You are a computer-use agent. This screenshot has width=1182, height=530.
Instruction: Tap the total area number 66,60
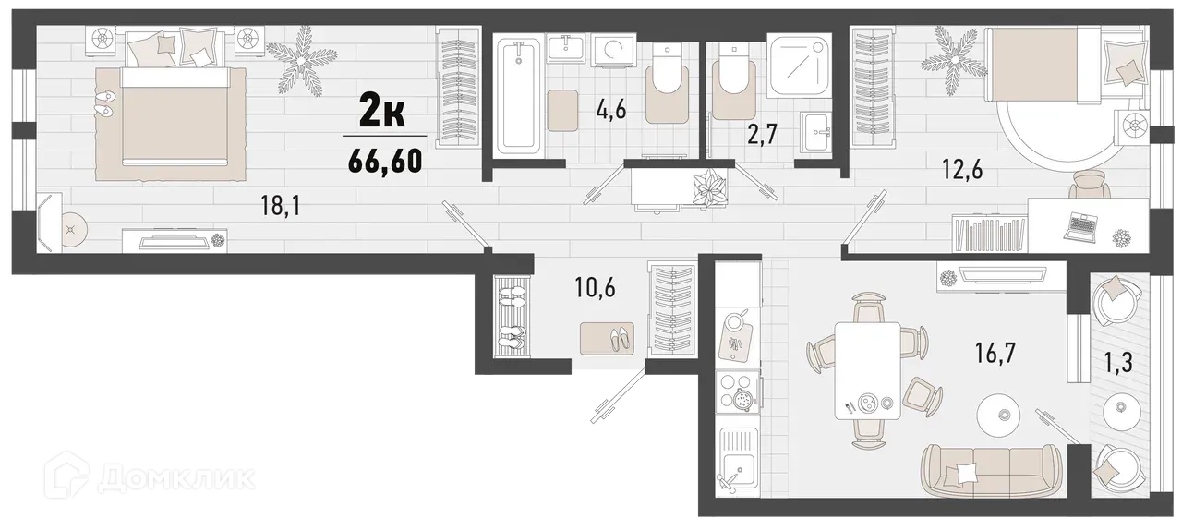(x=385, y=161)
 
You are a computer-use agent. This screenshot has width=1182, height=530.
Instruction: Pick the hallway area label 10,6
(x=594, y=286)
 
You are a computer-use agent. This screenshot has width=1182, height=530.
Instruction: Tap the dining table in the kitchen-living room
(x=867, y=370)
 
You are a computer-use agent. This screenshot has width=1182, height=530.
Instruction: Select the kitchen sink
(x=738, y=471)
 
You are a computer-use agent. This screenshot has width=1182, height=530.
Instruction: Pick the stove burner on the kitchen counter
(x=741, y=396)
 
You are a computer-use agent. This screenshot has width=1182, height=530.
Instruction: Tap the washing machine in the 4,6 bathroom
(x=609, y=51)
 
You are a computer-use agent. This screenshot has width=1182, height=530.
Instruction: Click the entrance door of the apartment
(x=613, y=397)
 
